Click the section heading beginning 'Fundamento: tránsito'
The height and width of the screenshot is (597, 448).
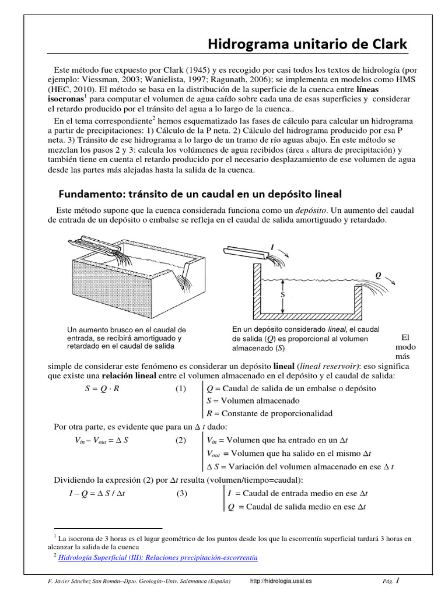pos(200,193)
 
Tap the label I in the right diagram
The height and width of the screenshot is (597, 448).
pos(271,247)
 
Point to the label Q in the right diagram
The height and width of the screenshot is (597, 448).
pos(377,275)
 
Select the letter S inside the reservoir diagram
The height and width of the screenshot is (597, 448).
pos(283,296)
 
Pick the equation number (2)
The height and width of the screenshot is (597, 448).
pos(180,440)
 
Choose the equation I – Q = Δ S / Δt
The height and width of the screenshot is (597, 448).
pos(101,493)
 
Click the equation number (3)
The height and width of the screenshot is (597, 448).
pos(182,493)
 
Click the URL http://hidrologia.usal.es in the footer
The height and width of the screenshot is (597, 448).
pos(281,581)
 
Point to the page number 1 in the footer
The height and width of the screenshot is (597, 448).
pos(398,581)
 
